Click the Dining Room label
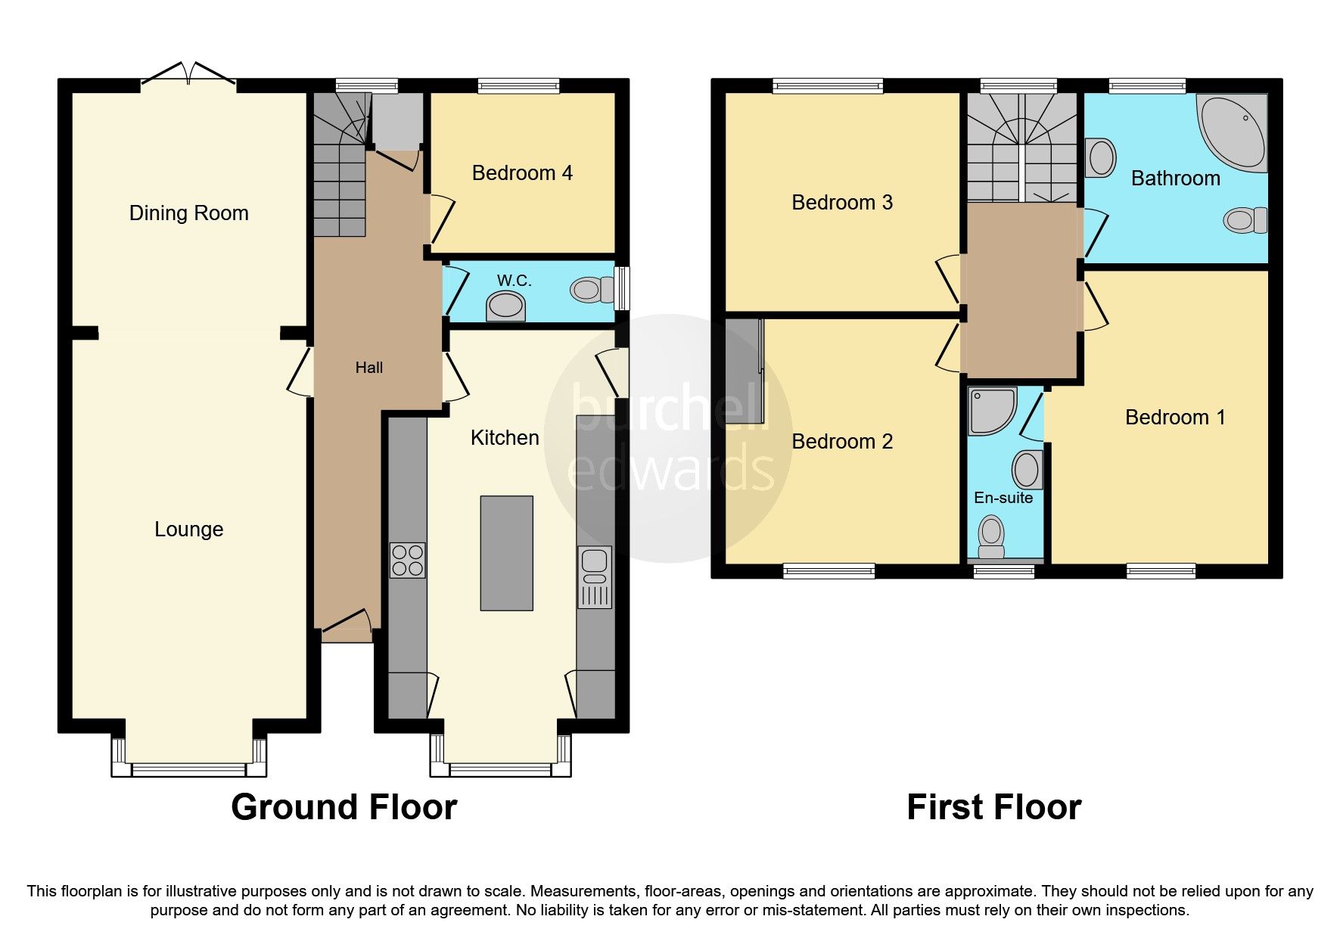point(188,213)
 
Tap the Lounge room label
point(188,530)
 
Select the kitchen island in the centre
point(506,553)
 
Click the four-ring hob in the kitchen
point(407,561)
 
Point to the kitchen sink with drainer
point(595,577)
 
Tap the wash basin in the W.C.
point(505,307)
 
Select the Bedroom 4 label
point(522,173)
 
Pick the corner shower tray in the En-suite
point(992,412)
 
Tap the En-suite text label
point(1003,498)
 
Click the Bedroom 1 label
point(1174,418)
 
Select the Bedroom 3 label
point(841,203)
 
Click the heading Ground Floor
point(344,807)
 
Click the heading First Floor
point(993,807)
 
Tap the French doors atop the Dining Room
point(188,74)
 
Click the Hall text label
point(369,368)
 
